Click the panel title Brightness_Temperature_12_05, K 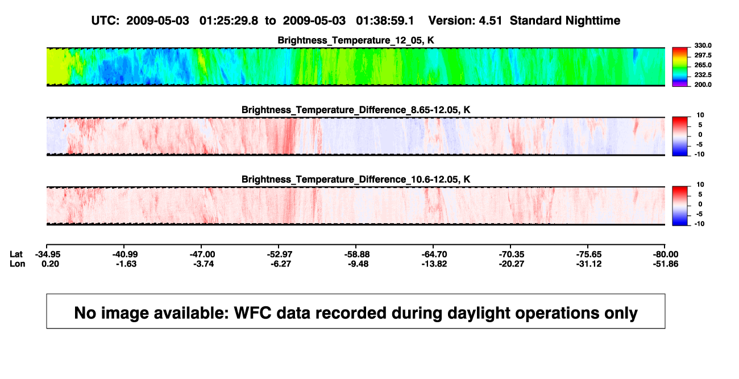click(x=356, y=40)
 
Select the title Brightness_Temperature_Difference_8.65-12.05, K click(x=356, y=110)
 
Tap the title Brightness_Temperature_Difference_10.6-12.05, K click(x=356, y=180)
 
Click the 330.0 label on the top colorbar click(x=703, y=45)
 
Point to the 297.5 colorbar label click(x=703, y=55)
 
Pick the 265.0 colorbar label click(x=703, y=65)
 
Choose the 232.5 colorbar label click(x=703, y=75)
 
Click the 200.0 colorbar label click(x=703, y=85)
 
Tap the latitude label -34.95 click(x=48, y=255)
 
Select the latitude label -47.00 click(x=202, y=255)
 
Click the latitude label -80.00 click(x=666, y=255)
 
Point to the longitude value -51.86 click(x=666, y=264)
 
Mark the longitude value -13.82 click(x=434, y=264)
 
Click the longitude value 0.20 click(x=50, y=264)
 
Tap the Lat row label click(x=16, y=255)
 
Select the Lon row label click(x=17, y=264)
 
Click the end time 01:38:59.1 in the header click(x=385, y=21)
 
